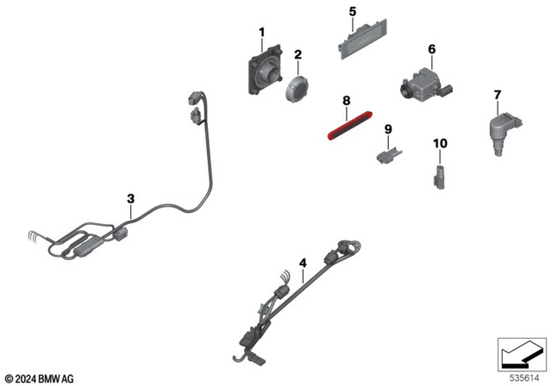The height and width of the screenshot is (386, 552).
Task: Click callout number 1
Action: point(261,33)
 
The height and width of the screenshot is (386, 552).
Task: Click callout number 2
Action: point(298,54)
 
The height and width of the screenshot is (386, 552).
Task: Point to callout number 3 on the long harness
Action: point(130,198)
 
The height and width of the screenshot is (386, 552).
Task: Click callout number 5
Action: point(352,11)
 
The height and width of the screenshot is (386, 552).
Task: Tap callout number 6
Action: point(432,49)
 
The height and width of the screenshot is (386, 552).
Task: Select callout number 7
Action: point(497,93)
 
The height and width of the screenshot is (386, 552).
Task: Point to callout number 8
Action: point(346,101)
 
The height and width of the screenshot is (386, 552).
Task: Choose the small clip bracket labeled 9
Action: point(386,154)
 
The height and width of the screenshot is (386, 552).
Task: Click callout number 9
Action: point(388,129)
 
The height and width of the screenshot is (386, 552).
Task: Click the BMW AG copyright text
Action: point(40,377)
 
